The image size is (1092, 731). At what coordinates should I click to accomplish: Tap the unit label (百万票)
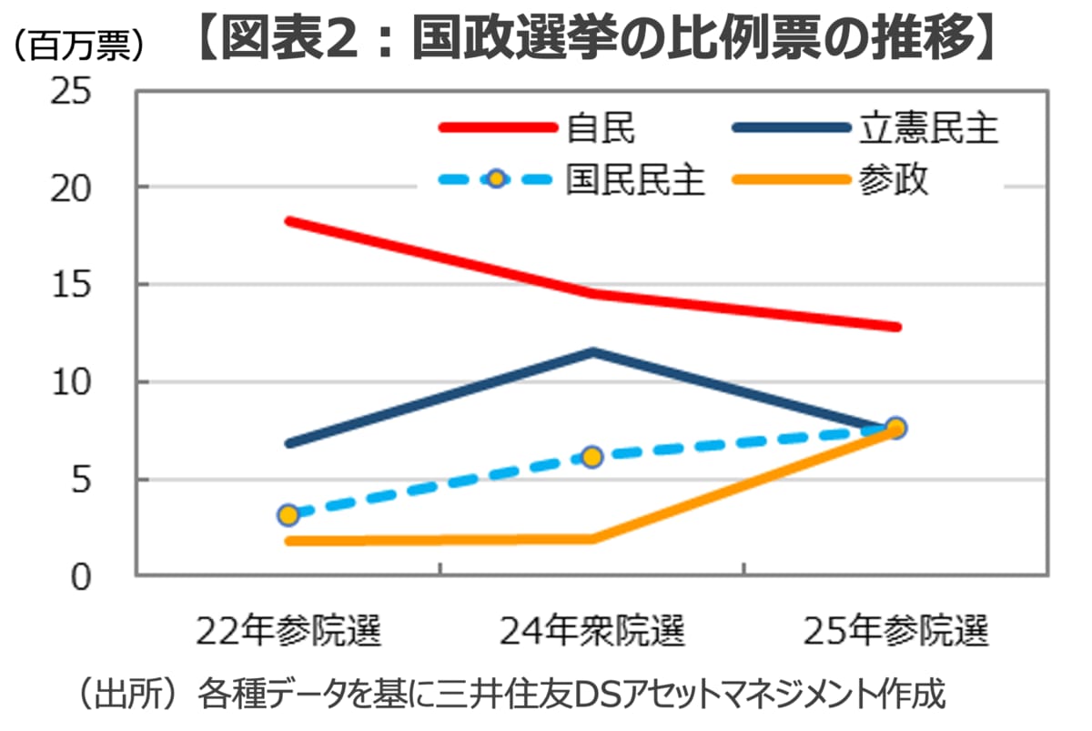pos(80,46)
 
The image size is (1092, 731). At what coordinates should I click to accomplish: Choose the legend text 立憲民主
pos(929,127)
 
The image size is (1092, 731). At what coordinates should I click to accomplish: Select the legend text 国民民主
pos(635,179)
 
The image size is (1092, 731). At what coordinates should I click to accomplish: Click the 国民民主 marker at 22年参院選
pos(288,515)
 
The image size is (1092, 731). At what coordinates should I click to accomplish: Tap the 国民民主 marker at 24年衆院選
pos(592,457)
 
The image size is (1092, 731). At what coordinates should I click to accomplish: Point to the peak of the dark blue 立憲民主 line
pos(592,352)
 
